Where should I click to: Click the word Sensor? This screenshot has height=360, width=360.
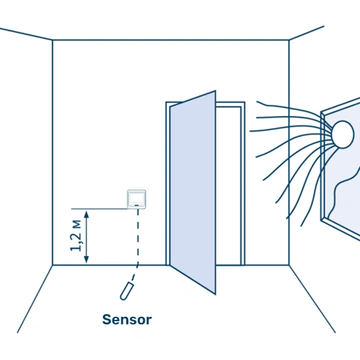click(127, 320)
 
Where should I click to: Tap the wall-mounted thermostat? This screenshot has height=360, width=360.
click(137, 199)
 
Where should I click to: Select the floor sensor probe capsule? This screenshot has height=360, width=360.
click(127, 291)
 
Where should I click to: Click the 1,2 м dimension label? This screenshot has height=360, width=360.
click(76, 235)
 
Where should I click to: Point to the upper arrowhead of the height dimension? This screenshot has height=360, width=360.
click(86, 214)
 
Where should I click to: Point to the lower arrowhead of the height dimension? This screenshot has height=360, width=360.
click(86, 259)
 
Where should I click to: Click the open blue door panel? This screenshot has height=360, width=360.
click(193, 192)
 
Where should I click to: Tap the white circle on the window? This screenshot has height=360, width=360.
click(343, 135)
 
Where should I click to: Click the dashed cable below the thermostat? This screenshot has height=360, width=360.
click(138, 243)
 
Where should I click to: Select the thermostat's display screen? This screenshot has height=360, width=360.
click(137, 198)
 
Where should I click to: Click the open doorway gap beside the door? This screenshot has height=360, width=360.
click(228, 186)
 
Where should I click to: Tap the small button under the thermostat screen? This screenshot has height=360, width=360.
click(137, 205)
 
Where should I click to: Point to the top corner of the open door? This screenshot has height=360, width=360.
click(215, 91)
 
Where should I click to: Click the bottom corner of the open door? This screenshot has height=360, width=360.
click(215, 294)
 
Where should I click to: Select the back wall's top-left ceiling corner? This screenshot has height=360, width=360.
click(53, 40)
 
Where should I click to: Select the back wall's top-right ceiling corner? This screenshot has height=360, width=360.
click(289, 40)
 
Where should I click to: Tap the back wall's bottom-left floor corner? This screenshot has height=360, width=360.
click(53, 265)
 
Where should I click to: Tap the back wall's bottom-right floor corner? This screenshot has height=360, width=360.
click(289, 265)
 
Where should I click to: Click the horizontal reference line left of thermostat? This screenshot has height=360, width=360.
click(99, 209)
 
